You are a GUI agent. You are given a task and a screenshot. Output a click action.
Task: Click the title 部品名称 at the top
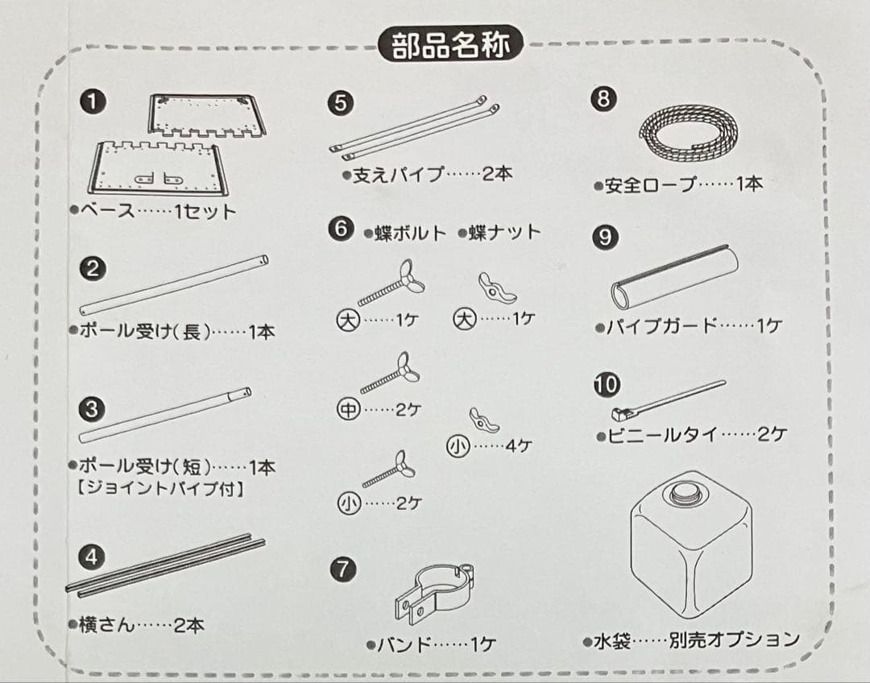click(x=451, y=46)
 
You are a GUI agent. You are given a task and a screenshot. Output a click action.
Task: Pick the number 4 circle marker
click(x=93, y=557)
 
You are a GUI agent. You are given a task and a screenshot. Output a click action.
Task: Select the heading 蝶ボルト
click(x=405, y=234)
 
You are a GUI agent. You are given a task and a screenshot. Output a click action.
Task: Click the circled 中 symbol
click(x=347, y=409)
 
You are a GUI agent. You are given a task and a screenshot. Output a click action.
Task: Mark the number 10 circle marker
click(x=606, y=383)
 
